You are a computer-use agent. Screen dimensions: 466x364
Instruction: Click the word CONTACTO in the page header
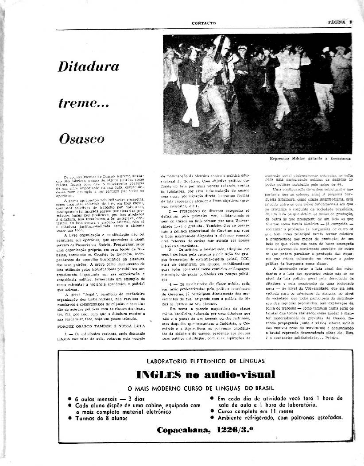(x=204, y=23)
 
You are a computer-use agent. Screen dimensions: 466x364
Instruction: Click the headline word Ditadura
(x=89, y=67)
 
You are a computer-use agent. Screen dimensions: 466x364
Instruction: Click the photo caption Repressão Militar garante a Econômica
(x=310, y=158)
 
